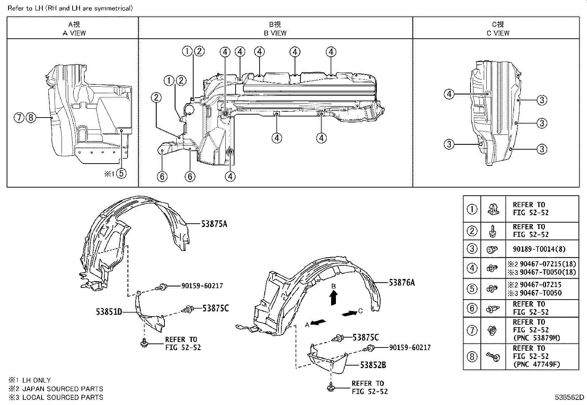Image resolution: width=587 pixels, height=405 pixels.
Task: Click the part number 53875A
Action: coord(214,224)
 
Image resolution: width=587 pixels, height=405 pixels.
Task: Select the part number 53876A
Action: coord(402,283)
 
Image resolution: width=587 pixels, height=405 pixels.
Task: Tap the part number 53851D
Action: coord(109,312)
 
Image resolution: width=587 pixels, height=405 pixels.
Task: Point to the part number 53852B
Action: coord(373,365)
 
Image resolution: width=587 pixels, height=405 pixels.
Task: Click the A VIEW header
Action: coord(74,33)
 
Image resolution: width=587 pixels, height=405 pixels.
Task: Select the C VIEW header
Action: coord(498,33)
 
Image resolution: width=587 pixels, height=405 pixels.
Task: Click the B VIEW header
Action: coord(275,33)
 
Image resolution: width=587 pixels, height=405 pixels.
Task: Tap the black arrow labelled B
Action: coord(333,298)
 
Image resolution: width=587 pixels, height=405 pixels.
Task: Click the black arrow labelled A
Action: coord(318,322)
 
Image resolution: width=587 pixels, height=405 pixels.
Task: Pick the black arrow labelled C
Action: coord(350,313)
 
